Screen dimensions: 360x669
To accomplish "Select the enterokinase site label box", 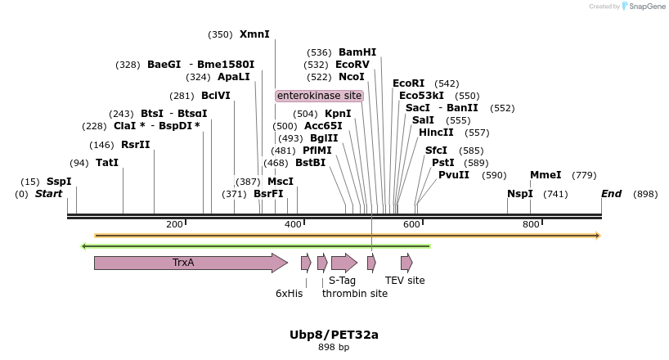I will click(x=319, y=96).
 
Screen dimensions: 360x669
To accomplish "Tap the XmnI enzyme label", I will click(x=254, y=34).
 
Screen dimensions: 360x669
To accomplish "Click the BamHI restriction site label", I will click(x=357, y=52).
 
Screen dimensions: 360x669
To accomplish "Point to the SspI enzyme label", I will click(x=59, y=182).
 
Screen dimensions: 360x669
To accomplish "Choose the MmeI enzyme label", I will click(x=546, y=175).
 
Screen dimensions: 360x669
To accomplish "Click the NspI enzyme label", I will click(x=519, y=194).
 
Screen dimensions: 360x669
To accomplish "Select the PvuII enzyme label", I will click(x=454, y=175).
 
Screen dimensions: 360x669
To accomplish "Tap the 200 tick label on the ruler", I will click(x=174, y=225).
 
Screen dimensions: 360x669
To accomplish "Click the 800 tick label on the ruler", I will click(x=531, y=225).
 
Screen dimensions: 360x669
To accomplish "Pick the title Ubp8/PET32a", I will click(x=334, y=335).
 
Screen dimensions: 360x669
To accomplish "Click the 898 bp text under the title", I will click(x=334, y=348).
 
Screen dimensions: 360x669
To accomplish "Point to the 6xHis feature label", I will click(x=289, y=293).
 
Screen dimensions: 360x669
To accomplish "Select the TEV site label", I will click(x=405, y=281).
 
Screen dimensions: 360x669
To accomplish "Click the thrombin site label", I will click(x=355, y=294).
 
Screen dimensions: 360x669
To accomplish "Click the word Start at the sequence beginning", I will click(x=49, y=194).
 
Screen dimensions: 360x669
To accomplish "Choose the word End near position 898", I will click(x=611, y=194).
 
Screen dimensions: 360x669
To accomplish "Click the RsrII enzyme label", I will click(x=136, y=145).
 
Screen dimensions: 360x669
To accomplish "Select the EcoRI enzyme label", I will click(x=408, y=83).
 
